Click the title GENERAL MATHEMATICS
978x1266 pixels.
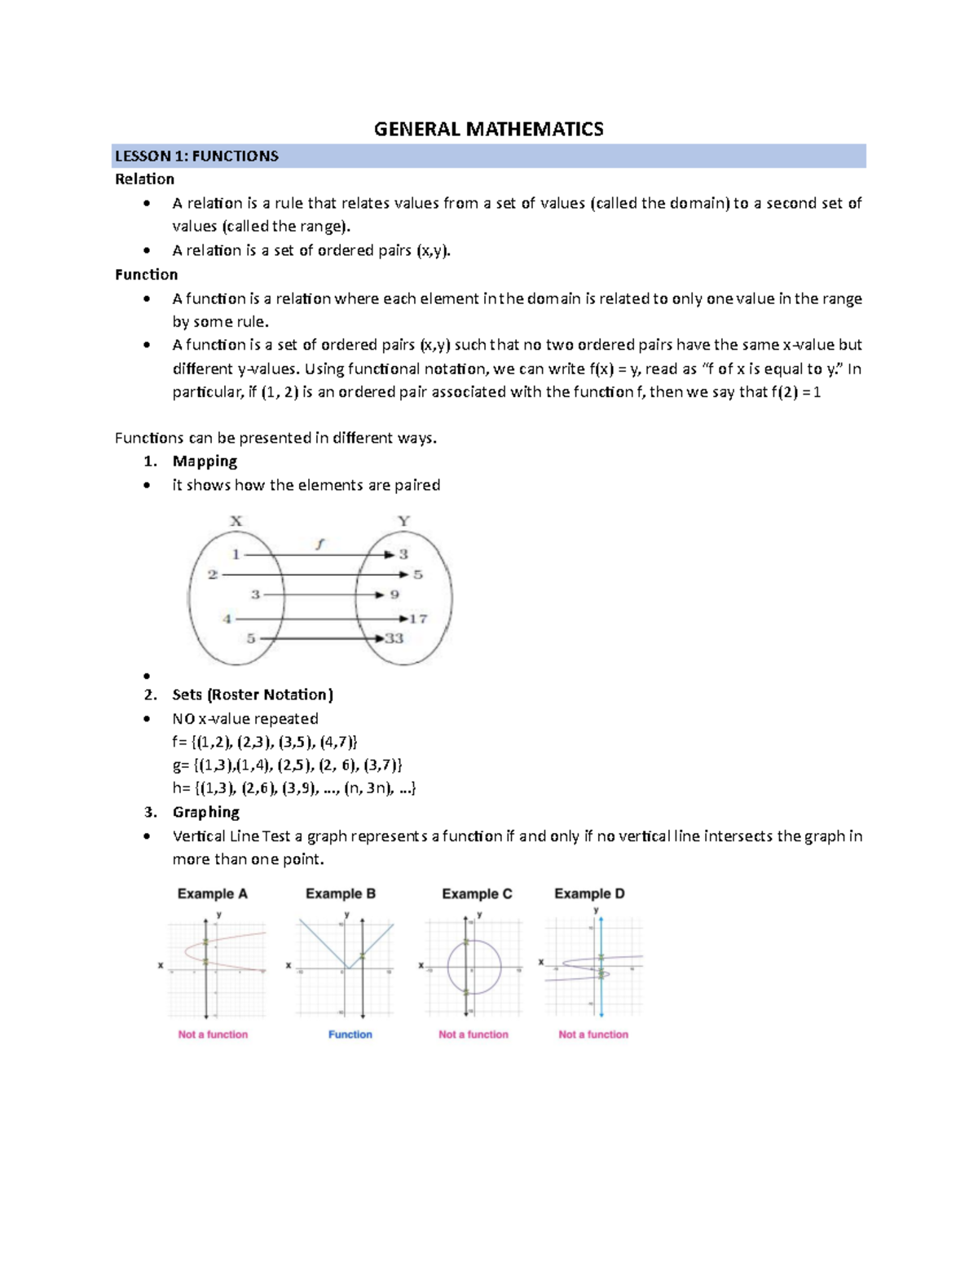(488, 129)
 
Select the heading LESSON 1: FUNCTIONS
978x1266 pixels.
(196, 156)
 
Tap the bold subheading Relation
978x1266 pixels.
(144, 179)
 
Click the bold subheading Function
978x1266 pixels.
(146, 275)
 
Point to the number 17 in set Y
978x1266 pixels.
(418, 619)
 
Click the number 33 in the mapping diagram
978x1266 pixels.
(394, 638)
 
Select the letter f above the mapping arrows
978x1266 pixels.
(320, 544)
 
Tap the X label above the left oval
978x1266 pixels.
(236, 521)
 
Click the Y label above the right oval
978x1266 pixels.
(403, 521)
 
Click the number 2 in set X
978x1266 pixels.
(213, 575)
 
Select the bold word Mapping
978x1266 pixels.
(205, 461)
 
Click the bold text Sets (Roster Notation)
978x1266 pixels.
(253, 695)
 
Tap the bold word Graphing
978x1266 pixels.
(205, 812)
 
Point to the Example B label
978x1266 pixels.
(341, 893)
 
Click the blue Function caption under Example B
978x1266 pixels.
(350, 1034)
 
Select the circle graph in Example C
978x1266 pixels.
(474, 967)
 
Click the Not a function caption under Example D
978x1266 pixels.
(593, 1034)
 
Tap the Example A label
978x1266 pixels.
(212, 893)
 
